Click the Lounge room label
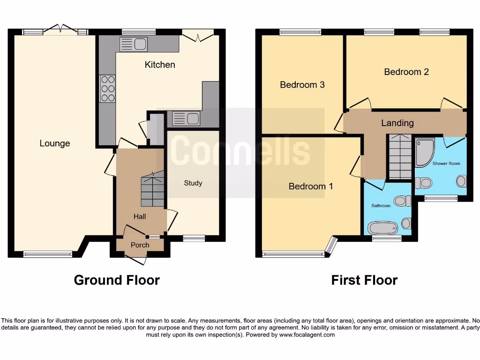point(55,143)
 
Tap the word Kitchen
point(160,65)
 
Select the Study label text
point(193,183)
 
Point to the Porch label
point(140,245)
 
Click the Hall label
point(140,216)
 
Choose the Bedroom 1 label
point(311,186)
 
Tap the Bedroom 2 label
point(406,72)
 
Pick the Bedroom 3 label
point(302,85)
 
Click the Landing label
point(397,123)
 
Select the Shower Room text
point(446,164)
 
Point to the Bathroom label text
point(381,205)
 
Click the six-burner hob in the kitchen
point(108,89)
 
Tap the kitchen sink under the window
point(134,45)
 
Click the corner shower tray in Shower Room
point(424,152)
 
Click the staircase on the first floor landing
point(400,157)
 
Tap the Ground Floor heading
point(117,280)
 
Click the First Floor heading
point(364,280)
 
